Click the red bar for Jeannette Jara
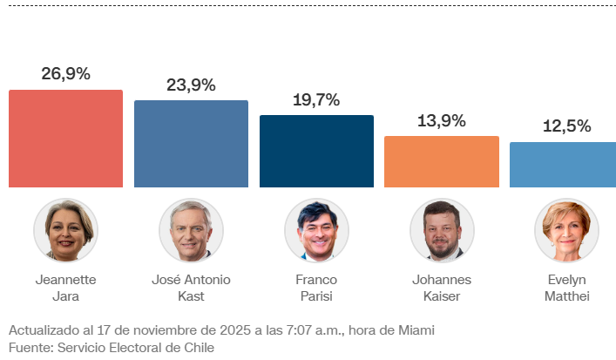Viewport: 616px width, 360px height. click(65, 139)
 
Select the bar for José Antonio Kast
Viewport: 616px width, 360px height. click(191, 144)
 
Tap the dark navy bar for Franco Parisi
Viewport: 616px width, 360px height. click(316, 151)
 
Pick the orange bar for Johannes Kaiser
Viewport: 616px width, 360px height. click(442, 161)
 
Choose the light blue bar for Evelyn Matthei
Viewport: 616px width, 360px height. click(563, 165)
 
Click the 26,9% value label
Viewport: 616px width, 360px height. click(65, 74)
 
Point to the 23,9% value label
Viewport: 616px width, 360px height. click(191, 85)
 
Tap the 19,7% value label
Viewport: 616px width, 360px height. click(316, 99)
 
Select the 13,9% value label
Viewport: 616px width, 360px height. click(442, 120)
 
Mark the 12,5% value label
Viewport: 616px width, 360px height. click(566, 126)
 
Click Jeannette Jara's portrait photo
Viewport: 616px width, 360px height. click(65, 230)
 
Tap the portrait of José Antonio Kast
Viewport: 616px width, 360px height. click(191, 230)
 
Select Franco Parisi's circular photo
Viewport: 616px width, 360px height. click(316, 230)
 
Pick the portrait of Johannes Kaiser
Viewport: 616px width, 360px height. click(442, 230)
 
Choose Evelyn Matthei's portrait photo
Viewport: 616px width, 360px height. click(566, 230)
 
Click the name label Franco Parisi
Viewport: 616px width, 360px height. click(316, 288)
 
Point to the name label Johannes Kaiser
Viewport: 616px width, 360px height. click(442, 288)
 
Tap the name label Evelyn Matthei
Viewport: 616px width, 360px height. click(566, 288)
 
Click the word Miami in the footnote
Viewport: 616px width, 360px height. click(415, 330)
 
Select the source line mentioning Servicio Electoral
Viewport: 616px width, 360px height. click(111, 347)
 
